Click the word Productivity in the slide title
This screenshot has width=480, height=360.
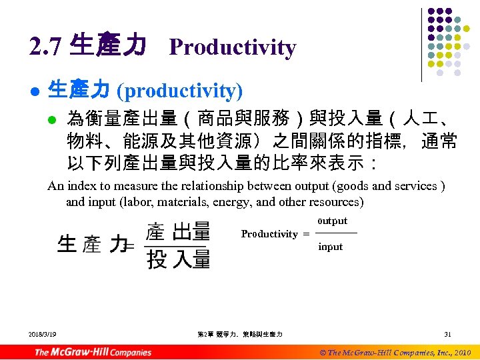pos(232,47)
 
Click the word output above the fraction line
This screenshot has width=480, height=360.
pos(333,221)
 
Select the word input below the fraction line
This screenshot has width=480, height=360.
pos(330,247)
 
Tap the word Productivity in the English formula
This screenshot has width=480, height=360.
pos(269,234)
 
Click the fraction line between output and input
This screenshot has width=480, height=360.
pos(335,233)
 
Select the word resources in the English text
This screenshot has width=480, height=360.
pos(335,201)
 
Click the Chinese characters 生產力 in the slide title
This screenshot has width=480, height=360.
pos(108,47)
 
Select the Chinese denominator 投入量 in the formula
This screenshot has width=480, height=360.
pos(178,258)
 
